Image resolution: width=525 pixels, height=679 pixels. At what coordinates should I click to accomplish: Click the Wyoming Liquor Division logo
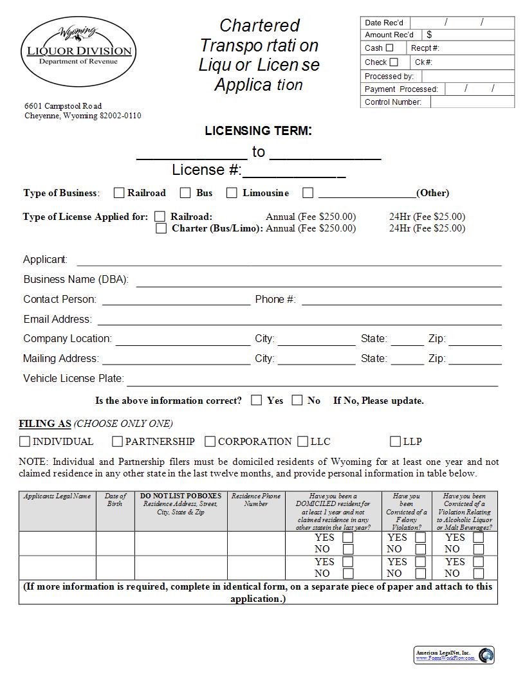pyautogui.click(x=79, y=51)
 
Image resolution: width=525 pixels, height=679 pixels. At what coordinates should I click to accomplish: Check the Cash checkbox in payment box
pyautogui.click(x=389, y=48)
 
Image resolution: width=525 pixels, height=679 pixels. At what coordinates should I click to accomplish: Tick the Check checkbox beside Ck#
pyautogui.click(x=394, y=62)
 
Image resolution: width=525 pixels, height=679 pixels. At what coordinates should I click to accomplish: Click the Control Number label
pyautogui.click(x=393, y=102)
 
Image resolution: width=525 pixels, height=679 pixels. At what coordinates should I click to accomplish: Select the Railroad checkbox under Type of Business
pyautogui.click(x=119, y=192)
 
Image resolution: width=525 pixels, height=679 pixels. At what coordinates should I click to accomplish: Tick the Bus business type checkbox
pyautogui.click(x=185, y=192)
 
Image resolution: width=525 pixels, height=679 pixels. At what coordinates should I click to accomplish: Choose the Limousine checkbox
pyautogui.click(x=232, y=192)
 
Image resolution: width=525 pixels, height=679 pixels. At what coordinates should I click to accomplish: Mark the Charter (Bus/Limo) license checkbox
pyautogui.click(x=161, y=228)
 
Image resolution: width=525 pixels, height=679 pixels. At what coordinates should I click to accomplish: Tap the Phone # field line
pyautogui.click(x=401, y=301)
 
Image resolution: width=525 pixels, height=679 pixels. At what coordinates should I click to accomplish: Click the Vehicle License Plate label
pyautogui.click(x=73, y=379)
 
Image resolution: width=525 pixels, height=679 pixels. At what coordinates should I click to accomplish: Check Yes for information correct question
pyautogui.click(x=257, y=400)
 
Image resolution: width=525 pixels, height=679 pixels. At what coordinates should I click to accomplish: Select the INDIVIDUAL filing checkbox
pyautogui.click(x=24, y=441)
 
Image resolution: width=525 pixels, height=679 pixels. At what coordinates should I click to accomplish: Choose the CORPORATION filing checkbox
pyautogui.click(x=210, y=441)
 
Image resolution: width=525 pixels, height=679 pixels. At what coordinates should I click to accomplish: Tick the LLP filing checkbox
pyautogui.click(x=395, y=441)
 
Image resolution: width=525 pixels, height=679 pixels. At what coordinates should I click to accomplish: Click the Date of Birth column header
pyautogui.click(x=115, y=500)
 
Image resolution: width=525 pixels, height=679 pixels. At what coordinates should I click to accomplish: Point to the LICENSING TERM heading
pyautogui.click(x=258, y=131)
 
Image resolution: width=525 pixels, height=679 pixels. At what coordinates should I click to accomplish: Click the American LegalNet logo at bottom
pyautogui.click(x=454, y=655)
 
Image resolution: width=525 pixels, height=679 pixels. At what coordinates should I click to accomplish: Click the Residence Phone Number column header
pyautogui.click(x=255, y=500)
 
